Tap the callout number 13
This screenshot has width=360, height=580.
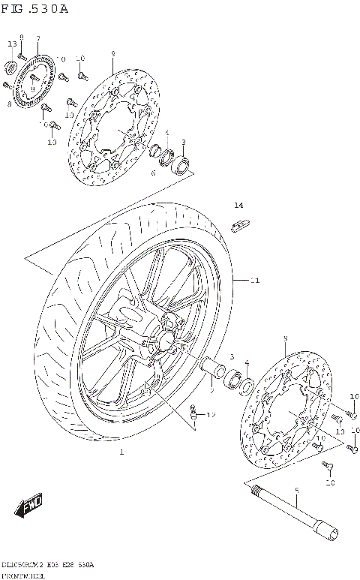pos(12,44)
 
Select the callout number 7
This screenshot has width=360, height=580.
pos(37,38)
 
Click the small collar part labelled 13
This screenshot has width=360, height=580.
pos(11,69)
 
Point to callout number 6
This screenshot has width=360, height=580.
pos(152,173)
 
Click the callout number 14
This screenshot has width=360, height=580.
pos(238,205)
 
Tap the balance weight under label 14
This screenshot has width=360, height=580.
pos(240,223)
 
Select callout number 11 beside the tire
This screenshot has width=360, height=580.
pos(254,281)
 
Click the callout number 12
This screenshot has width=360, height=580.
pos(211,414)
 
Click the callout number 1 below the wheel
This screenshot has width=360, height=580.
pos(121,452)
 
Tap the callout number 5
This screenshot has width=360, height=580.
pos(296,491)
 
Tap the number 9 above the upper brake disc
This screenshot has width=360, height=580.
pos(112,53)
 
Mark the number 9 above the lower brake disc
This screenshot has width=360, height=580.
pos(285,339)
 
